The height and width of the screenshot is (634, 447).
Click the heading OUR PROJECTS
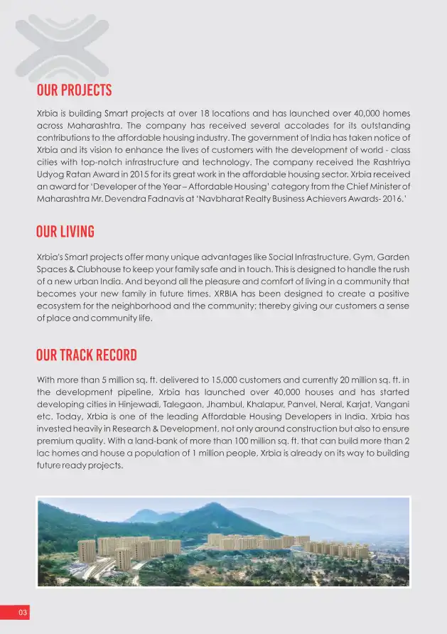(x=74, y=91)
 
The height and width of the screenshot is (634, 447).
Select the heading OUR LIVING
(x=65, y=232)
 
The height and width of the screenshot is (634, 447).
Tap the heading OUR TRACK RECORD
(x=86, y=355)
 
